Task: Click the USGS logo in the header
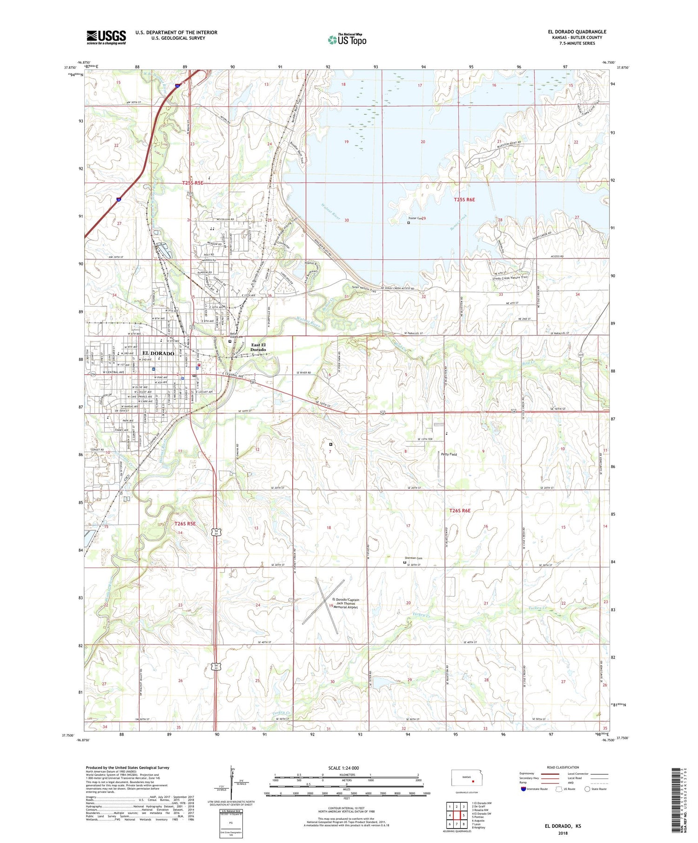pyautogui.click(x=106, y=37)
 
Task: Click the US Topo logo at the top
pyautogui.click(x=347, y=40)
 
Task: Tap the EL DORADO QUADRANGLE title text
pyautogui.click(x=577, y=32)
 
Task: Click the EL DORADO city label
pyautogui.click(x=158, y=353)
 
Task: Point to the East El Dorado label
pyautogui.click(x=258, y=347)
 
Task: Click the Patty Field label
pyautogui.click(x=449, y=454)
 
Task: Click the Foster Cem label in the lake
pyautogui.click(x=416, y=218)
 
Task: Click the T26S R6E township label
pyautogui.click(x=460, y=511)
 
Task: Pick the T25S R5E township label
pyautogui.click(x=193, y=183)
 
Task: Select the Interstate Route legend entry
pyautogui.click(x=535, y=789)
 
